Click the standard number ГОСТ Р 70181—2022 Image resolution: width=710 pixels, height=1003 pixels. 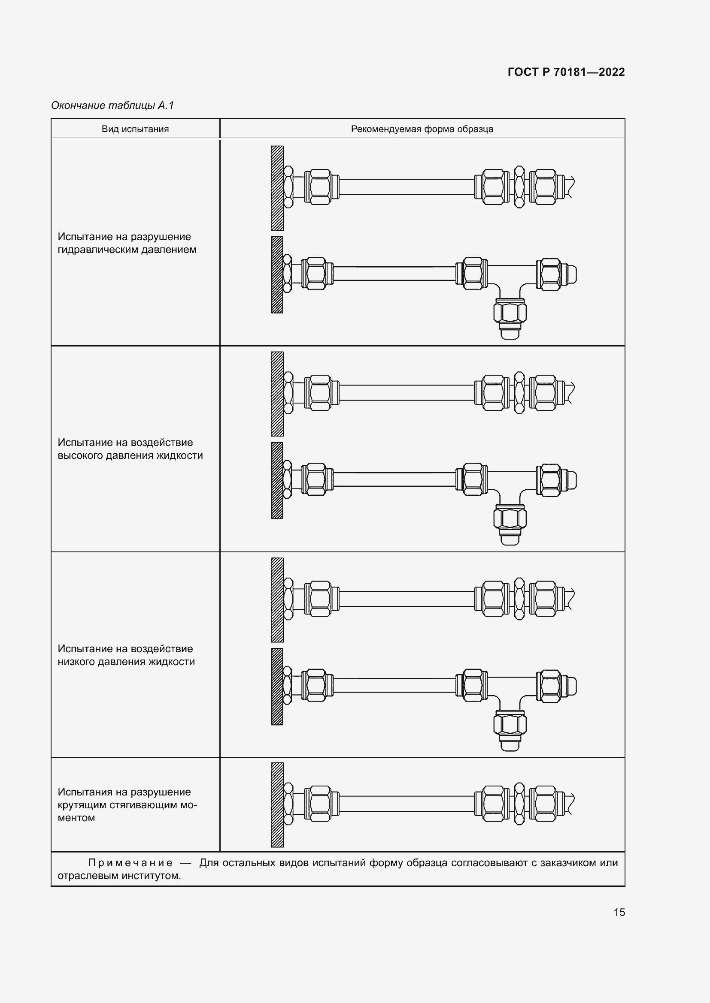click(x=566, y=72)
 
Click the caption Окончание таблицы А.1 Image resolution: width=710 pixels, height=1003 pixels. click(x=112, y=105)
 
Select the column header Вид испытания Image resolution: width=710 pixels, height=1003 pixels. click(x=135, y=129)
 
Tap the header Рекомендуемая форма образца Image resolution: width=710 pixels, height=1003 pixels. click(x=422, y=129)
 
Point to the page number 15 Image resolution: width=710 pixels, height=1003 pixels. click(x=619, y=912)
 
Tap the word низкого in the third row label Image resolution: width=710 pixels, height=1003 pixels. click(x=76, y=662)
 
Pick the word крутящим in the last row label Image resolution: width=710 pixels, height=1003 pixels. click(x=82, y=805)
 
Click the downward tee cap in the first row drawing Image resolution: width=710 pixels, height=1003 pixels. click(x=510, y=333)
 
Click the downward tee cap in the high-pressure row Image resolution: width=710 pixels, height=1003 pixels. click(x=510, y=539)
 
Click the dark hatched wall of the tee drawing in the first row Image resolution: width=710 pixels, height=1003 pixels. click(x=277, y=275)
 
